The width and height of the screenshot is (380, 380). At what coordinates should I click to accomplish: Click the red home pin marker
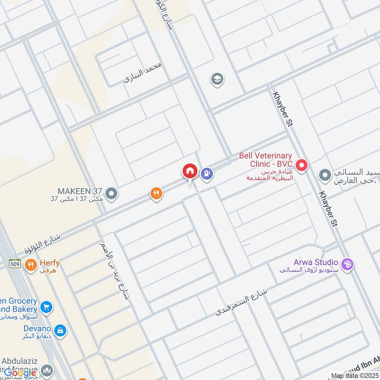tap(190, 171)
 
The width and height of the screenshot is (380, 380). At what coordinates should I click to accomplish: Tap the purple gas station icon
tap(206, 174)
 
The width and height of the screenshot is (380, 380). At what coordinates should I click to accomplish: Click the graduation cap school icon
tap(217, 79)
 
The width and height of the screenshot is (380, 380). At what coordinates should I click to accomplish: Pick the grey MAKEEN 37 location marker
tap(112, 193)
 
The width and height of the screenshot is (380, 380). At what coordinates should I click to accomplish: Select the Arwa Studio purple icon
tap(348, 264)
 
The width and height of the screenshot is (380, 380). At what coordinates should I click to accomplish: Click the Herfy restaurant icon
tap(31, 265)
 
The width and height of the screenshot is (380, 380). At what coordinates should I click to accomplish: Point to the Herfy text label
tap(49, 263)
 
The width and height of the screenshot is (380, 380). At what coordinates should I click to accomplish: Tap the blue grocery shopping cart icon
tap(46, 307)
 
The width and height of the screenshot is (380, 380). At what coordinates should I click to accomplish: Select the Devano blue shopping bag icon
tap(60, 330)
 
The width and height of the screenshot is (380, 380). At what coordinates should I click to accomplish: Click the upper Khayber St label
tap(284, 109)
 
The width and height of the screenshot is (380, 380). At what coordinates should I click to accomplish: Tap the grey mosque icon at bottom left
tap(47, 370)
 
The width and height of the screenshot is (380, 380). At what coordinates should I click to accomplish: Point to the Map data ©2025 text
tap(355, 376)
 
